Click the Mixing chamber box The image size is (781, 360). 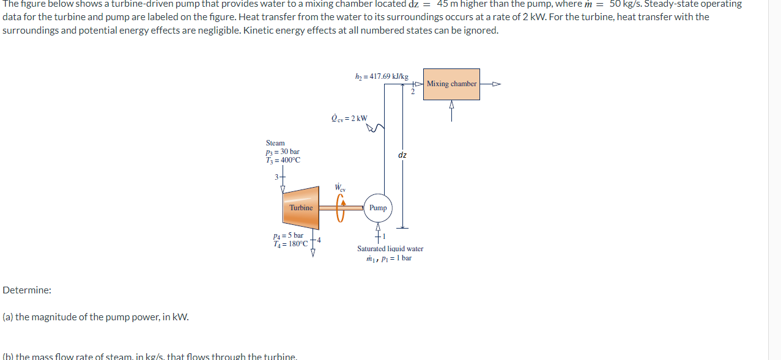coord(452,84)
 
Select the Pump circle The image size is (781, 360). coord(378,208)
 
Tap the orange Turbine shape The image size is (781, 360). coord(300,208)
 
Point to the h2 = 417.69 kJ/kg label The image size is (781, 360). coord(381,76)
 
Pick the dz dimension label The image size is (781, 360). coord(402,155)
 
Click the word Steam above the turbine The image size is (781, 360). coord(275,143)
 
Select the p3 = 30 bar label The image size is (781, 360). coord(283,152)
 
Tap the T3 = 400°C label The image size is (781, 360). coord(283,160)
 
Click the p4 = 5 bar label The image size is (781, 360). coord(289,235)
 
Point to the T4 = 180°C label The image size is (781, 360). coord(291,244)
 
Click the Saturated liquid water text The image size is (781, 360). coord(390,249)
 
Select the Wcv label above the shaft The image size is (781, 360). coord(340,188)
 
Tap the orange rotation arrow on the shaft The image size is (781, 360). coord(342,205)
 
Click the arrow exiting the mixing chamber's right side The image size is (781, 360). coord(492,84)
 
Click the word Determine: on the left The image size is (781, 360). coord(27,290)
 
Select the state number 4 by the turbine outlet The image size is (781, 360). coord(319,240)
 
